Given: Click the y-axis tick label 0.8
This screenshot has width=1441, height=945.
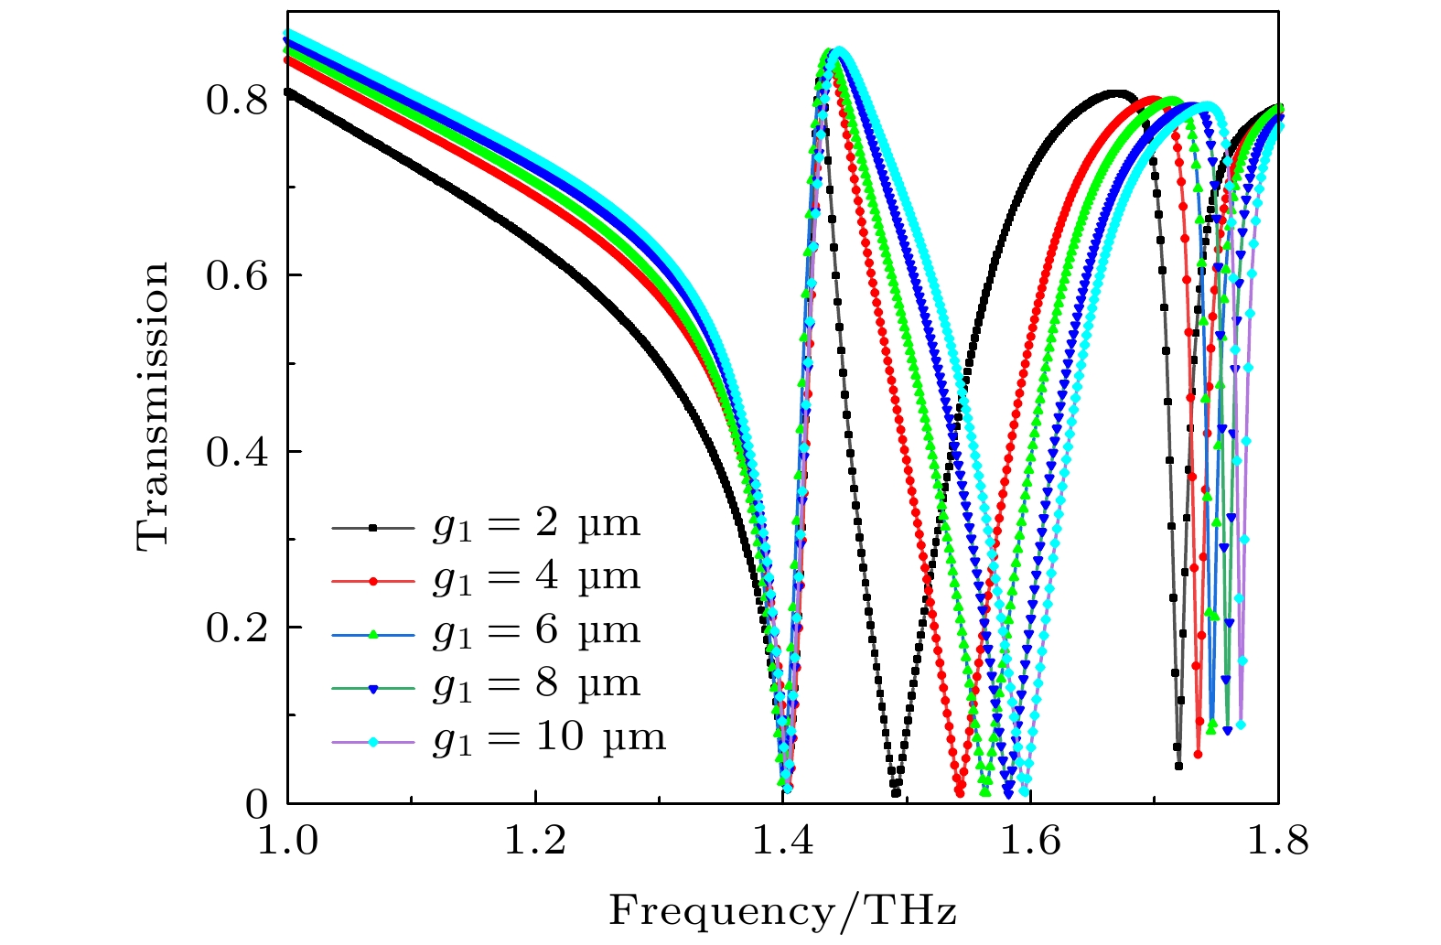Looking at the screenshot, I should coord(237,101).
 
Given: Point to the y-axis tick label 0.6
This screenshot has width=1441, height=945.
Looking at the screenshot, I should coord(237,276).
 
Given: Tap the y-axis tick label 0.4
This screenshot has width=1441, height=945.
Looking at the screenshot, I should coord(237,452).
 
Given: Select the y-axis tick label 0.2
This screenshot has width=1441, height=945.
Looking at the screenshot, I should coord(237,628).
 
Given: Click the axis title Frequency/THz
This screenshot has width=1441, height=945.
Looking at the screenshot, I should coord(783,911).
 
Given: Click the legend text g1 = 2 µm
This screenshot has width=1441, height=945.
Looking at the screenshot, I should coord(536,526).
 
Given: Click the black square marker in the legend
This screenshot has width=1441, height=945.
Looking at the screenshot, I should coord(373,528).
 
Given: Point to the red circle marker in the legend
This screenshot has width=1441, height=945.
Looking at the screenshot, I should coord(373,581).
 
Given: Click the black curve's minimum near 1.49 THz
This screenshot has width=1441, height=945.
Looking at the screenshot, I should coord(896,793).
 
